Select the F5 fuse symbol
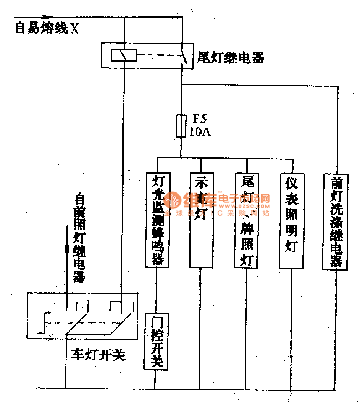181,125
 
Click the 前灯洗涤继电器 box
336,221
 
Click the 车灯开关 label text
98,355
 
